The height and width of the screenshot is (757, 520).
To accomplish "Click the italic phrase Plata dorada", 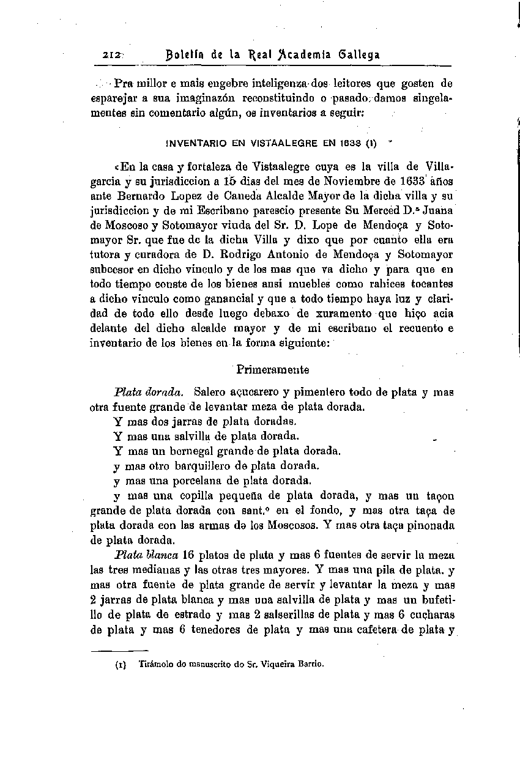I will pyautogui.click(x=149, y=392).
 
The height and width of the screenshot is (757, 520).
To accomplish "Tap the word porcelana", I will pyautogui.click(x=183, y=480).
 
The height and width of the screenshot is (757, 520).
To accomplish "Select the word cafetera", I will pyautogui.click(x=373, y=629).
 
